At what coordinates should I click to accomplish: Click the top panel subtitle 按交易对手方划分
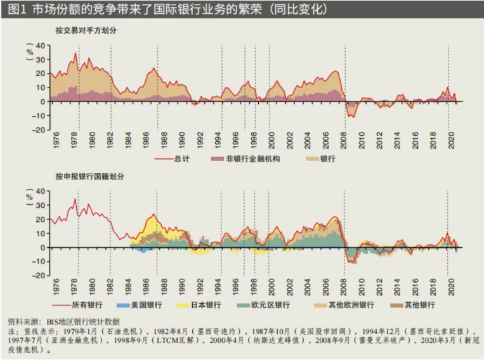[x=86, y=30]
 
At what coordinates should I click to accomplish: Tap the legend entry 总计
[x=180, y=159]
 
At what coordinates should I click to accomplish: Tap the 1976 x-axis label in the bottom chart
[x=56, y=285]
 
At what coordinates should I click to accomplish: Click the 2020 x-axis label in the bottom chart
[x=451, y=285]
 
